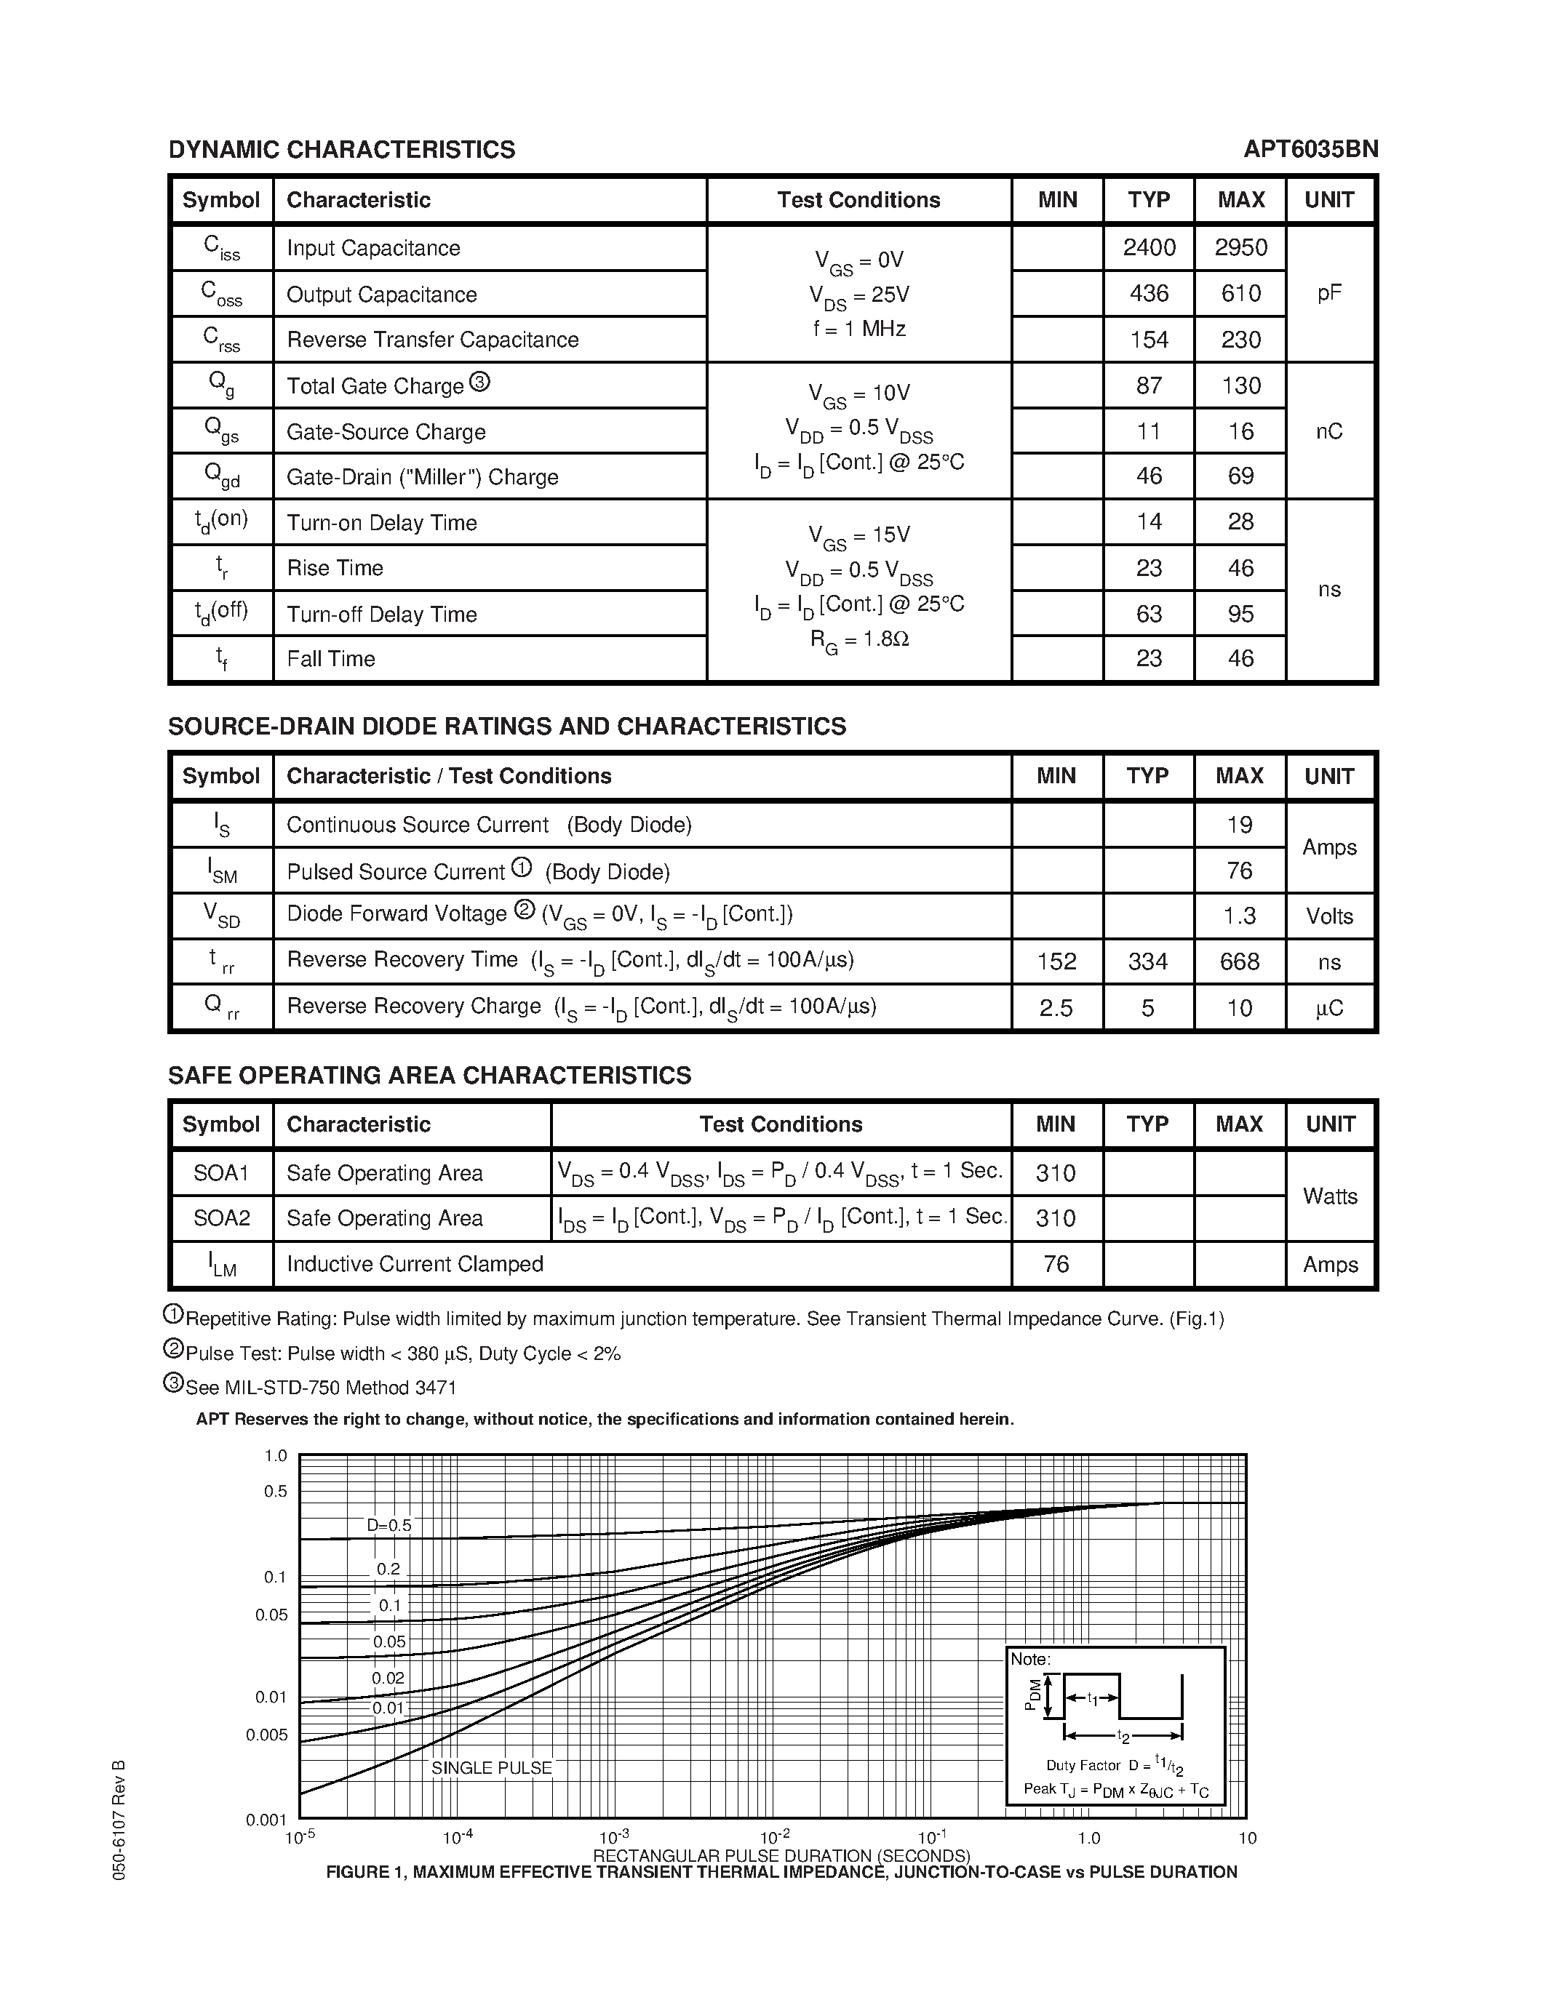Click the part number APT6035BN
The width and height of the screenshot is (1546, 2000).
tap(1310, 149)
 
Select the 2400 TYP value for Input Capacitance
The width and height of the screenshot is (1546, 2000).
tap(1149, 247)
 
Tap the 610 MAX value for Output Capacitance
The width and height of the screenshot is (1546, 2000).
tap(1240, 293)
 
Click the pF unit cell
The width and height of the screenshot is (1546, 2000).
tap(1329, 293)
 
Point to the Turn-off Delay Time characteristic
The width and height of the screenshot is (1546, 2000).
tap(381, 614)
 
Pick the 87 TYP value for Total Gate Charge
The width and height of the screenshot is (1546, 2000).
tap(1149, 385)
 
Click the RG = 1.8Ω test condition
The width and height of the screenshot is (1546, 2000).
tap(858, 639)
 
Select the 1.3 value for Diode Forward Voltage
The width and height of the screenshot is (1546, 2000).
tap(1239, 916)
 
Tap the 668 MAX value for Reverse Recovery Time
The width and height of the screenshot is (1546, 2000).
tap(1239, 961)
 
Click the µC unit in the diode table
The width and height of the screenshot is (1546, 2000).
tap(1329, 1008)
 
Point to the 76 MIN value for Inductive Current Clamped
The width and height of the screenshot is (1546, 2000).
tap(1056, 1264)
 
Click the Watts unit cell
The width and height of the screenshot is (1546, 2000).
tap(1329, 1196)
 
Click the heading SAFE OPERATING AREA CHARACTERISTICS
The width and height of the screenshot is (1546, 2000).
tap(429, 1075)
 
